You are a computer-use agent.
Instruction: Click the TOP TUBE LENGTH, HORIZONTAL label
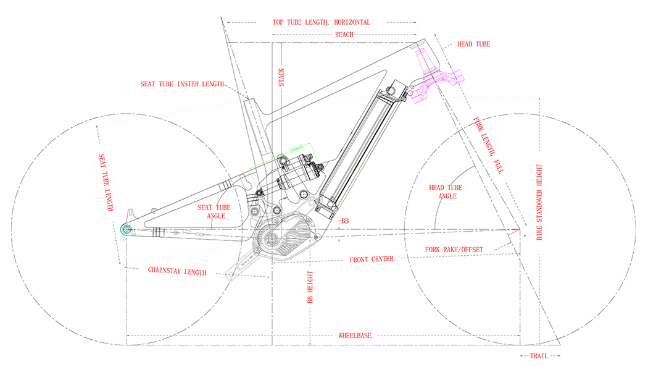click(322, 22)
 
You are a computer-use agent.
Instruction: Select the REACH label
click(344, 35)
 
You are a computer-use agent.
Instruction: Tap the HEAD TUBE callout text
click(473, 45)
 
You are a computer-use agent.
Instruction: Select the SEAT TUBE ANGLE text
click(214, 212)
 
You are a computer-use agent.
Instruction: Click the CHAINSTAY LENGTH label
click(177, 271)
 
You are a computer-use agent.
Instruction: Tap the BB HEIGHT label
click(312, 287)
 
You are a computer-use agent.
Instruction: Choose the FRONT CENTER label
click(372, 259)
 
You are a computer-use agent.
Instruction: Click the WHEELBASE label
click(355, 335)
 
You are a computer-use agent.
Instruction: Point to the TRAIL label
click(539, 356)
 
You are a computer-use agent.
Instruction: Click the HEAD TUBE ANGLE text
click(445, 192)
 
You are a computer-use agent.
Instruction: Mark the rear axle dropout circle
click(127, 230)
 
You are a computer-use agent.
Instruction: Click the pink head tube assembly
click(435, 74)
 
